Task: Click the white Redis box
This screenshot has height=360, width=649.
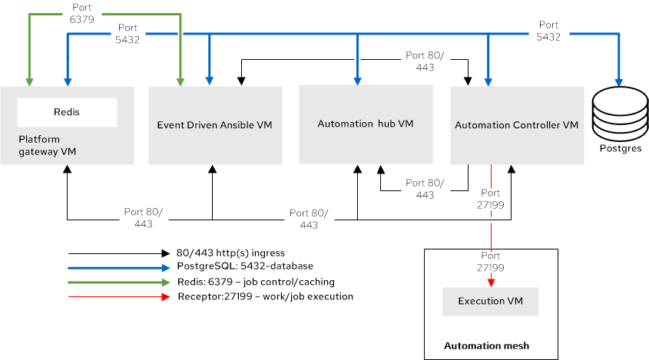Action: pyautogui.click(x=67, y=112)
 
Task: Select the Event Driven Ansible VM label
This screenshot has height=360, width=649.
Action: pyautogui.click(x=215, y=124)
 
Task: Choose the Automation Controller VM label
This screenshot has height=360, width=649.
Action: pyautogui.click(x=516, y=124)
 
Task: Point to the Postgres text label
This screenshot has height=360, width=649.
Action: pyautogui.click(x=618, y=148)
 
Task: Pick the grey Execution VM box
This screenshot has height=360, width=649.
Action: pyautogui.click(x=490, y=301)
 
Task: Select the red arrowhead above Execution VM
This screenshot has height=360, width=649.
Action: pyautogui.click(x=491, y=282)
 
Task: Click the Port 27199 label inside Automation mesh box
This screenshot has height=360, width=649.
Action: pyautogui.click(x=491, y=262)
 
